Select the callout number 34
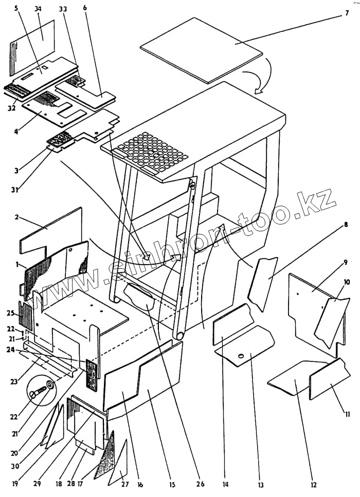tap(38, 9)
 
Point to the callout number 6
tap(84, 9)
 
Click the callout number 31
tap(16, 190)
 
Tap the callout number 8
tap(346, 225)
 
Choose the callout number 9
tap(346, 261)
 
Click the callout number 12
tap(314, 484)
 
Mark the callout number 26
tap(201, 484)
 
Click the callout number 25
tap(10, 313)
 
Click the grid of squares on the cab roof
tap(152, 151)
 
